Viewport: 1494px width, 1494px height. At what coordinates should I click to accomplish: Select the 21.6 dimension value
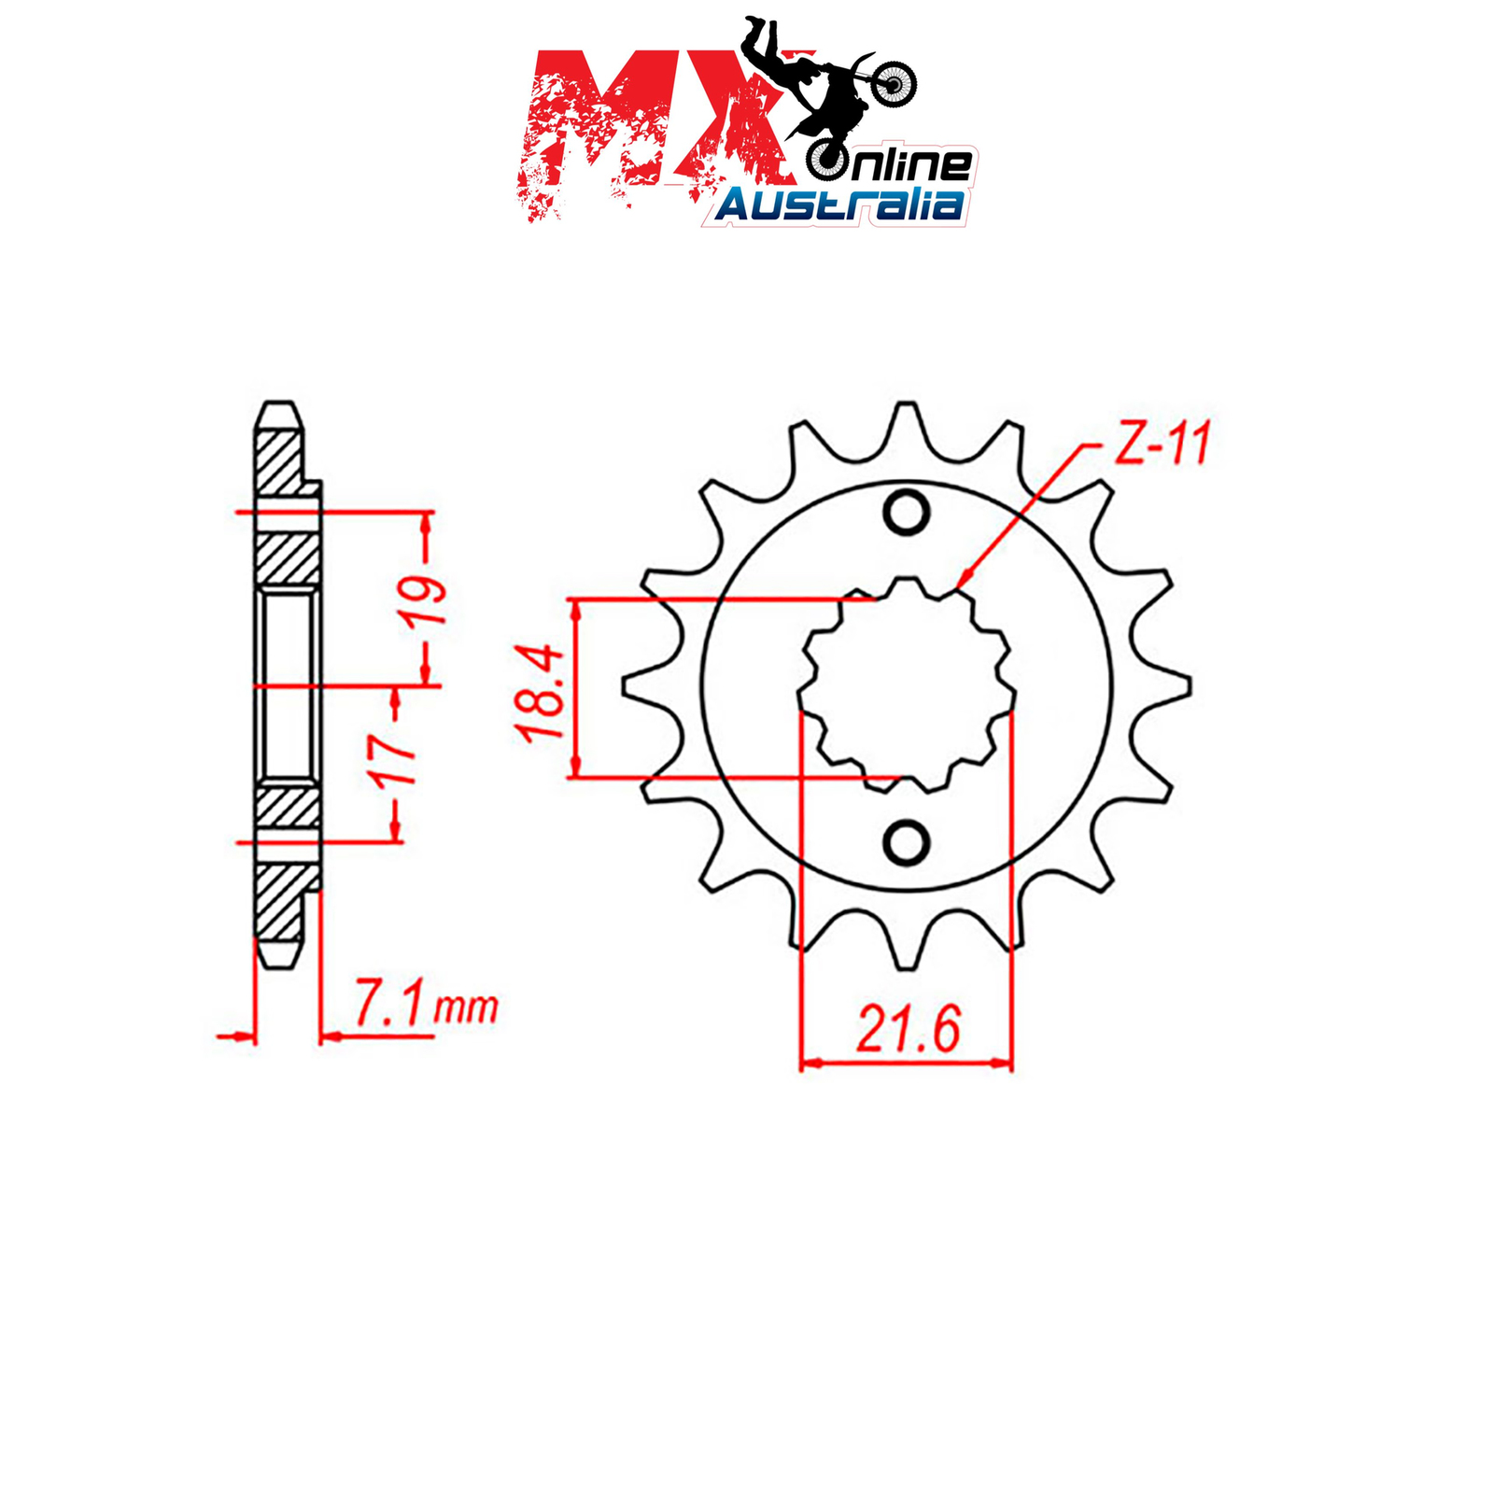[x=908, y=1030]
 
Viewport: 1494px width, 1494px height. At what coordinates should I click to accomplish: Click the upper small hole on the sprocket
[x=906, y=512]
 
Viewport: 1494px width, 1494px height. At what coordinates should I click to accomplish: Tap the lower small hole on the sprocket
[x=906, y=843]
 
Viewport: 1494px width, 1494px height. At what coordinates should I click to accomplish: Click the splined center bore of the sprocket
[x=906, y=684]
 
